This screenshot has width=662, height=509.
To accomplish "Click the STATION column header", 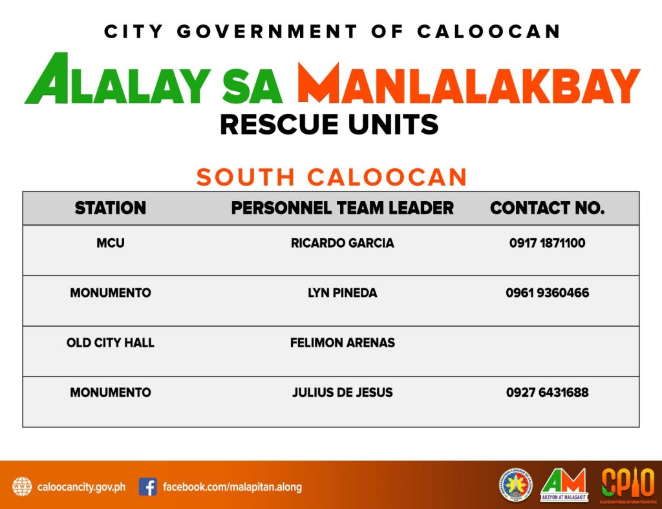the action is pos(110,208).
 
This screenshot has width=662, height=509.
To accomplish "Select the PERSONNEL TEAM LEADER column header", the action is pos(343,208).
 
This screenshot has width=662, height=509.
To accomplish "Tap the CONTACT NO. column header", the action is pos(547,208).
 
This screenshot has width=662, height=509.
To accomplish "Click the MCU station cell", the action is pos(110,243).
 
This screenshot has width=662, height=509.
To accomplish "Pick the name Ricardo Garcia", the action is pos(343,243).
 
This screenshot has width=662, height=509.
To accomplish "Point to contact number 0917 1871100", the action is pos(547,243).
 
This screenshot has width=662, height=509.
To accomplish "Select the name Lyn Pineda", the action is pos(343,293).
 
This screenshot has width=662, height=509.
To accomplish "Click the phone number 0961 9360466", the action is pos(547,293).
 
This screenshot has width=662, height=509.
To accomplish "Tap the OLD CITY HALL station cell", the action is pos(110,343).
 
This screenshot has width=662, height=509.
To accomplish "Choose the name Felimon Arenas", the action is pos(343,343).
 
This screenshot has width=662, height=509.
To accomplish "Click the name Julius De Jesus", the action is pos(343,393).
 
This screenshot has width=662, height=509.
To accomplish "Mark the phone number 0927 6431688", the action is pos(547,393).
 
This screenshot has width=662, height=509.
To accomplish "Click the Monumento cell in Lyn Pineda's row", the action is pos(110,293).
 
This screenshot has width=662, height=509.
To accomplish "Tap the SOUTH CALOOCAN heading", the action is pos(332,177).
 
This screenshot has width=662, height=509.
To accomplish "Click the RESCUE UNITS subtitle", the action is pos(329,125).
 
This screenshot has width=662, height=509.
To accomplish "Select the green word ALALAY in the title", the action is pos(118,79).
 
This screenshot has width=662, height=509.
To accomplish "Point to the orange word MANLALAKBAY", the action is pos(469,83).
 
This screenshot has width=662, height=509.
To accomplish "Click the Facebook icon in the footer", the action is pos(148,487).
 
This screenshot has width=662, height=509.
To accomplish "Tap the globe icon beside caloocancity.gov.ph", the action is pos(22,487).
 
